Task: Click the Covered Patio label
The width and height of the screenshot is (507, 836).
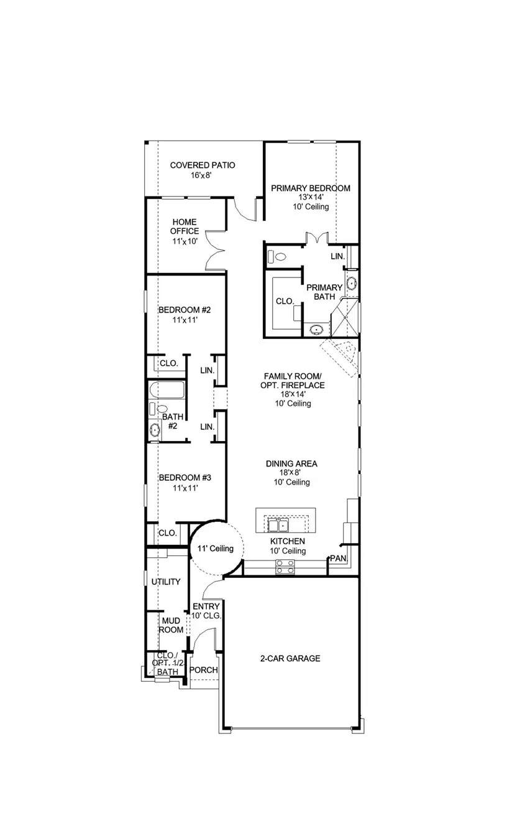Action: click(203, 165)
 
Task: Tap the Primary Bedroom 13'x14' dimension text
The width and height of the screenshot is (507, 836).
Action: click(311, 197)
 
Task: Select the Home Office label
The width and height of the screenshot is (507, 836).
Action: click(185, 226)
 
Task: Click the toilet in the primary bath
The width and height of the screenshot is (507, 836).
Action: click(276, 257)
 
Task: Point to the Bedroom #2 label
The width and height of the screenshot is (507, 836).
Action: click(185, 310)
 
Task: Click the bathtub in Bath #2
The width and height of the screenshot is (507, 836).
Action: click(167, 390)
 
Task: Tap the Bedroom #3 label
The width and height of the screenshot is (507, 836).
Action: click(185, 478)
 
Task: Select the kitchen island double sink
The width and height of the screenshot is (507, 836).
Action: click(278, 526)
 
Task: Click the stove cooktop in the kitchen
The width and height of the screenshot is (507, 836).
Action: click(285, 567)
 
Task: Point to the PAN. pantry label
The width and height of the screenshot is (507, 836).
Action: click(339, 559)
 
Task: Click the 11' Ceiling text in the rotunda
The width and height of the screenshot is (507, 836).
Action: click(216, 548)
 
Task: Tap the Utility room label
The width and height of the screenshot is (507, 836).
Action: click(166, 582)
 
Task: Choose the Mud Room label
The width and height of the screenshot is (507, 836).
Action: click(171, 625)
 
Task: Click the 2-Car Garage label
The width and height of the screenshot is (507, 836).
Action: click(290, 658)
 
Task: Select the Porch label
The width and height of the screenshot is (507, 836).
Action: click(204, 670)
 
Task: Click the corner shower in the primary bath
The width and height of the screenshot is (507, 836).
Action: click(345, 318)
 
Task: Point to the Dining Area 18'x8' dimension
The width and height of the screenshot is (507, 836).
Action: click(290, 472)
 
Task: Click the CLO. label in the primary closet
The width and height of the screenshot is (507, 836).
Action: click(285, 301)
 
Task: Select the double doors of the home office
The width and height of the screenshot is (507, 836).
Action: click(216, 250)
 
